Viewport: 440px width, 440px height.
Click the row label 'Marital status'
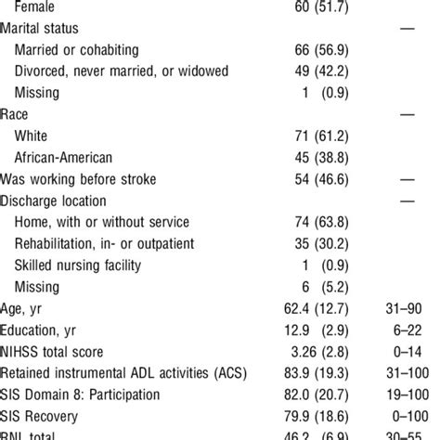(52, 29)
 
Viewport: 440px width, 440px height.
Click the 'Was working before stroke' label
(90, 179)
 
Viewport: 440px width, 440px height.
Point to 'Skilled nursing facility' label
(90, 265)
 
